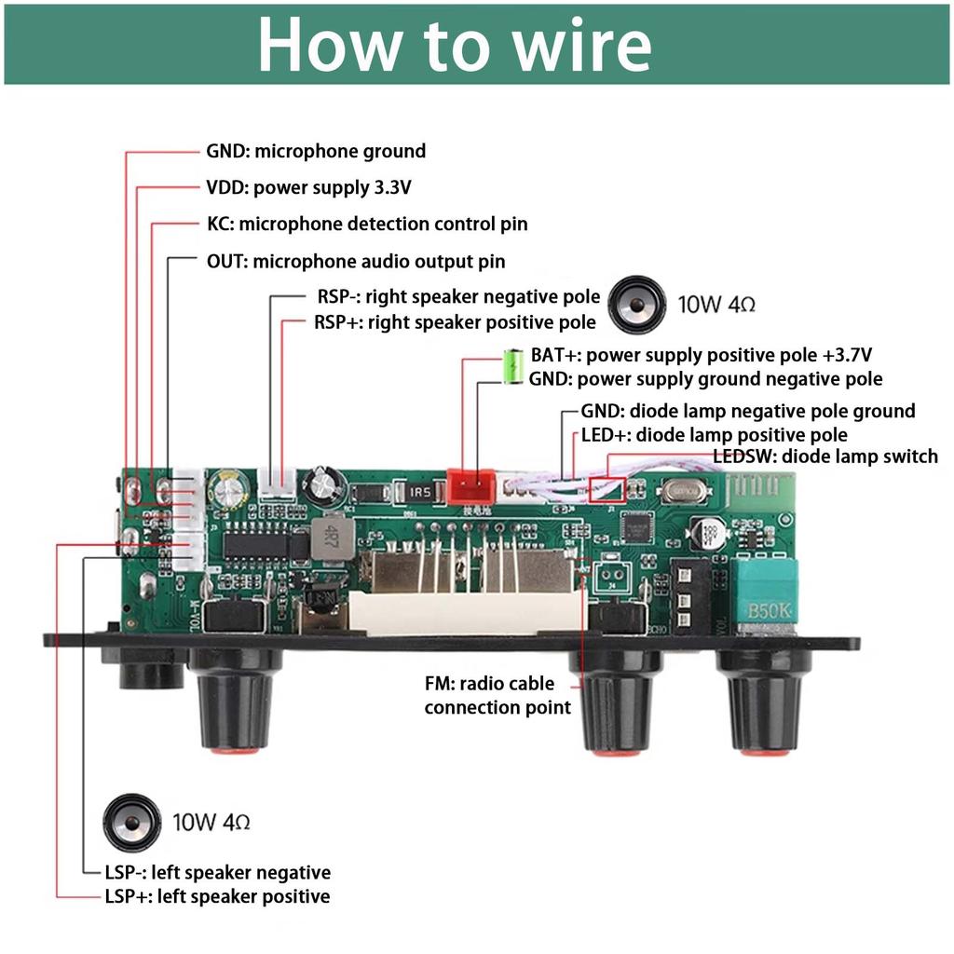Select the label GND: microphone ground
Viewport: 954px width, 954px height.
[316, 152]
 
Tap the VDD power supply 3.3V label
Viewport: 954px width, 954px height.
[308, 188]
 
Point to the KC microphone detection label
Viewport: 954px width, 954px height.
[367, 225]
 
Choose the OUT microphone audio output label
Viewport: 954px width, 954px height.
[356, 262]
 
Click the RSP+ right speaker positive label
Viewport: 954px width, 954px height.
[455, 322]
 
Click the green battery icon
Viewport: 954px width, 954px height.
[512, 366]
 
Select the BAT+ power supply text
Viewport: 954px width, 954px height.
[702, 355]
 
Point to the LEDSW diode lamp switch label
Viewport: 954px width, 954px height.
[825, 456]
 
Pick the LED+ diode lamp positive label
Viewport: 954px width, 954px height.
[715, 435]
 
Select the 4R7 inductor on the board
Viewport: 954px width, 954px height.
[327, 538]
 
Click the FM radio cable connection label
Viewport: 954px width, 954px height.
[497, 695]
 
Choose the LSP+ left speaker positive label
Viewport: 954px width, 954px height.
[217, 897]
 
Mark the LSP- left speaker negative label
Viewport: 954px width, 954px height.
[217, 873]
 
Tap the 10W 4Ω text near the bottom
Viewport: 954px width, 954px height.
[211, 823]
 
